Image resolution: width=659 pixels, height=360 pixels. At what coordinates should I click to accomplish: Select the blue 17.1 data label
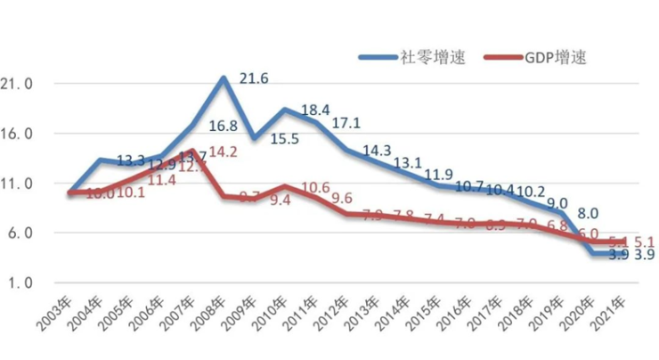346,122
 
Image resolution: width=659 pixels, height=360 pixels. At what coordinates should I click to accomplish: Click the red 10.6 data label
314,188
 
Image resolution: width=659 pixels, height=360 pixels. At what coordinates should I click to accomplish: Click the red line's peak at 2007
192,151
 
